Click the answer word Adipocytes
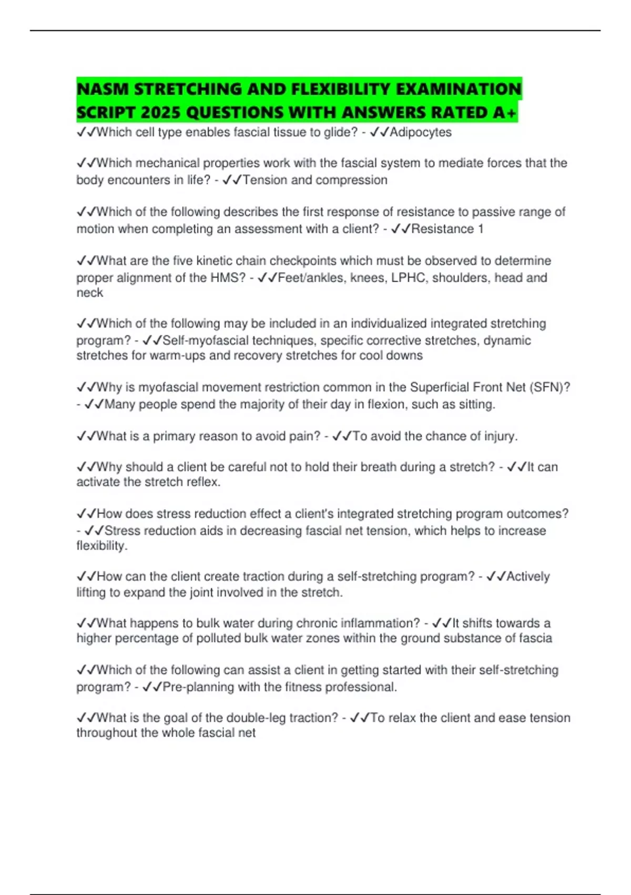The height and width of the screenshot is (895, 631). [420, 132]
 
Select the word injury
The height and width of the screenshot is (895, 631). [499, 436]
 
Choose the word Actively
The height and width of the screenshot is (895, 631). [528, 576]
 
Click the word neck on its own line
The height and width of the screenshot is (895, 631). [89, 293]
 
